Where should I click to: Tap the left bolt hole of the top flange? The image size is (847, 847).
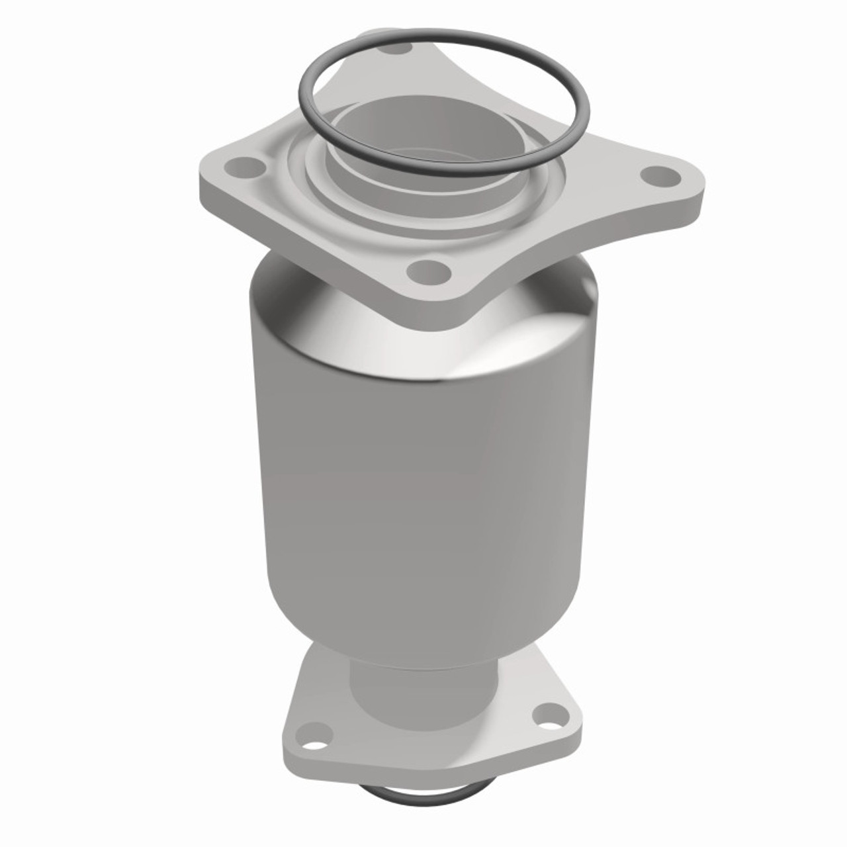pos(244,166)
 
